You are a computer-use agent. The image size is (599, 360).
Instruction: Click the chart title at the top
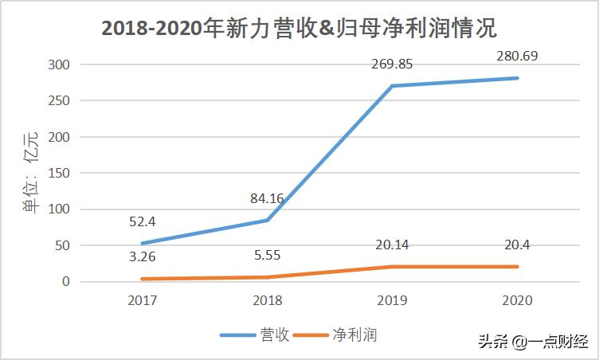299,29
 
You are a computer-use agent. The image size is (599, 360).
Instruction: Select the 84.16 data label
266,198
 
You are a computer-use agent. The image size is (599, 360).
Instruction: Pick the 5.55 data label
266,255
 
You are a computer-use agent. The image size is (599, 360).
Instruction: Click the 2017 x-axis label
142,300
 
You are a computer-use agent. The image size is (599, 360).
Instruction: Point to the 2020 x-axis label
517,300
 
